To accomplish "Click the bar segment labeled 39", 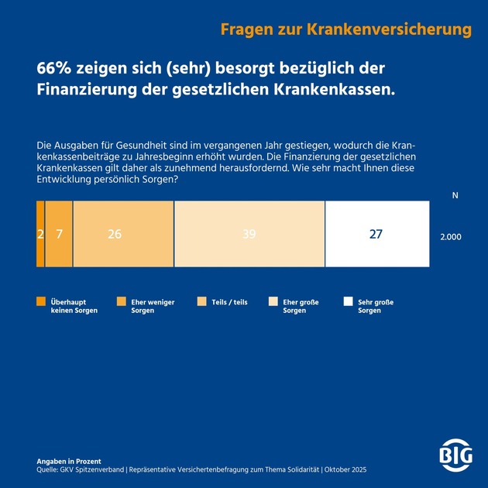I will point(249,234).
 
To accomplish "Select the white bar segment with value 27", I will point(376,234).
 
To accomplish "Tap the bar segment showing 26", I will point(122,234).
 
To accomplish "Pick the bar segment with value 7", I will point(59,234).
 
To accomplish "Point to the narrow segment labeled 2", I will point(40,234).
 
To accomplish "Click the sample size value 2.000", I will point(450,237).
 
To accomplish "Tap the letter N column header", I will point(455,196).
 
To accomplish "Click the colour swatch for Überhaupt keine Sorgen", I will point(41,302).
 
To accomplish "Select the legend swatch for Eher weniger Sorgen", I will point(120,302).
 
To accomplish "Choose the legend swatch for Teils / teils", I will point(202,302).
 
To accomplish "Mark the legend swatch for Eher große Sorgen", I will point(273,302).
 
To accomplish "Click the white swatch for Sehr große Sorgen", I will point(348,302).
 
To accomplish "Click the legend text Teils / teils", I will point(230,302).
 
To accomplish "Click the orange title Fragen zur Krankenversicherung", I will point(345,30).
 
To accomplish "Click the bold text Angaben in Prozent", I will point(69,462).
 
